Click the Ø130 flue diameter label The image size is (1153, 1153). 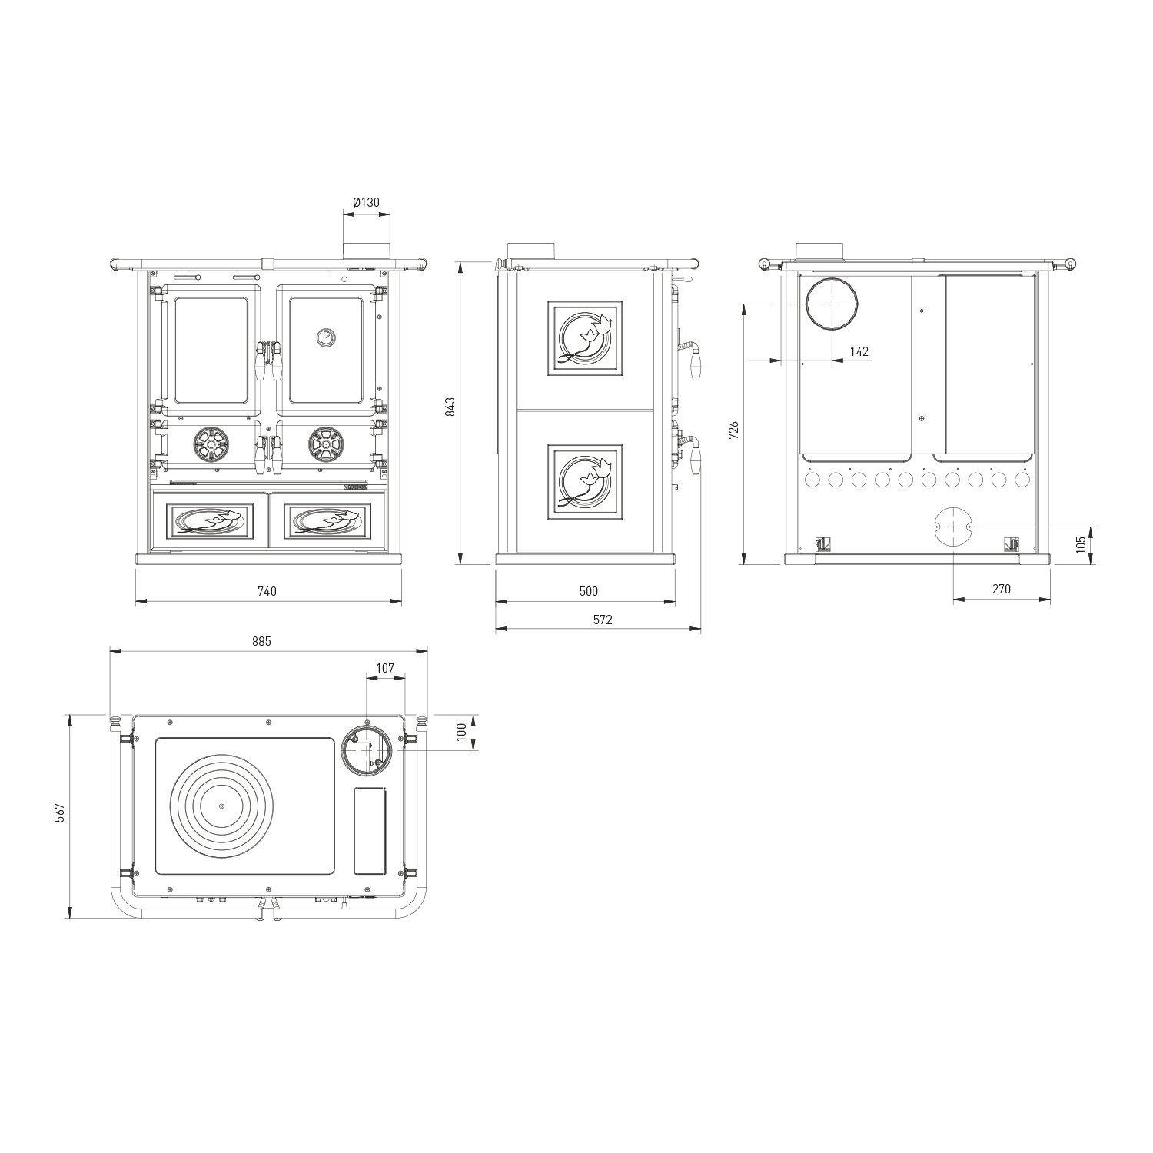point(367,202)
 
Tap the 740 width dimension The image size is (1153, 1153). point(267,591)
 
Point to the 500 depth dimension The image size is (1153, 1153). point(588,591)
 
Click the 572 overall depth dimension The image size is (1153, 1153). point(603,620)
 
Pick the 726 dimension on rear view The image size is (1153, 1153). point(733,430)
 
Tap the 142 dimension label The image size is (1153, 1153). point(859,351)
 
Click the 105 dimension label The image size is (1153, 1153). point(1082,544)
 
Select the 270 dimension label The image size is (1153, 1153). point(1001,590)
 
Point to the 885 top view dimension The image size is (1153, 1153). point(262,641)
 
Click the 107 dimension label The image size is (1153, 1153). point(385,669)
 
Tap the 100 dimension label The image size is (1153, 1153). point(461,731)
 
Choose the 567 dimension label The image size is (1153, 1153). point(60,815)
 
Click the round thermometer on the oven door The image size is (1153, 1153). point(325,337)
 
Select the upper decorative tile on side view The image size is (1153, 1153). point(584,338)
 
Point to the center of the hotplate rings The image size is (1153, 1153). point(221,806)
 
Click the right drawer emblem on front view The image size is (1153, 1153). point(326,521)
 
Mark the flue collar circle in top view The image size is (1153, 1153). point(367,749)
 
